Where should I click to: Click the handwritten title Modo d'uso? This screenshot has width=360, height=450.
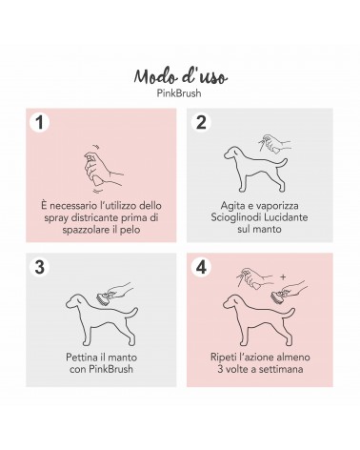point(180,76)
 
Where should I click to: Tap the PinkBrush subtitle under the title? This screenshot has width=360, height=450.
point(179,93)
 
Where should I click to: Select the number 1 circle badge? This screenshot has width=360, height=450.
point(39,123)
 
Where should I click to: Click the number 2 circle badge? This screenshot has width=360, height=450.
point(201,123)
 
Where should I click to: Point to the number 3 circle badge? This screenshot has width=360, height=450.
point(39,267)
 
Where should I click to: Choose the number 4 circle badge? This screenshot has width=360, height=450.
point(201,267)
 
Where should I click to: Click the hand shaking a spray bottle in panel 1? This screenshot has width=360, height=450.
point(102,169)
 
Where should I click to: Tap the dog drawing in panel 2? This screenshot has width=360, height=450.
point(255,169)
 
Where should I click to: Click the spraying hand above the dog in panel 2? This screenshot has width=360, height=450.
point(274,143)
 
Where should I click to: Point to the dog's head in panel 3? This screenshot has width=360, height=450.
point(75,300)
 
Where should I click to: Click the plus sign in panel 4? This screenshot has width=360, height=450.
point(283,277)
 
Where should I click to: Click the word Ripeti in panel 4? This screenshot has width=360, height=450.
point(223,358)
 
